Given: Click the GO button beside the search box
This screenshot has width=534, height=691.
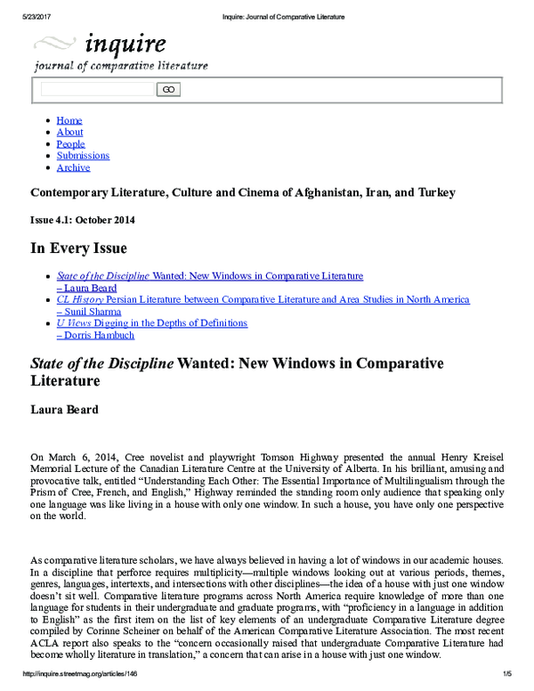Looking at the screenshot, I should click(168, 89).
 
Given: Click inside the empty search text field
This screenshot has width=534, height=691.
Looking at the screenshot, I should click(97, 89).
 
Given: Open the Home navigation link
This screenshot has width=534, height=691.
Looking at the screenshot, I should click(69, 120).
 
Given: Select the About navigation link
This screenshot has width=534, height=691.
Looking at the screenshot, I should click(69, 132).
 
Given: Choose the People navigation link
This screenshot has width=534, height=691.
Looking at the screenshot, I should click(70, 143).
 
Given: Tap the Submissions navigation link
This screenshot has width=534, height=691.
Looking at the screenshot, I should click(83, 155).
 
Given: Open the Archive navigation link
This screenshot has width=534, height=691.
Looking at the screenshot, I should click(73, 167).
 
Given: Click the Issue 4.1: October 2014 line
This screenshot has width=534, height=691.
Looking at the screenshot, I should click(83, 219).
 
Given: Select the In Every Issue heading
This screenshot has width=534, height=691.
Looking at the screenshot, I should click(78, 248).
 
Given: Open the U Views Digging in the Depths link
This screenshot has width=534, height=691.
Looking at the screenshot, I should click(151, 323).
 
